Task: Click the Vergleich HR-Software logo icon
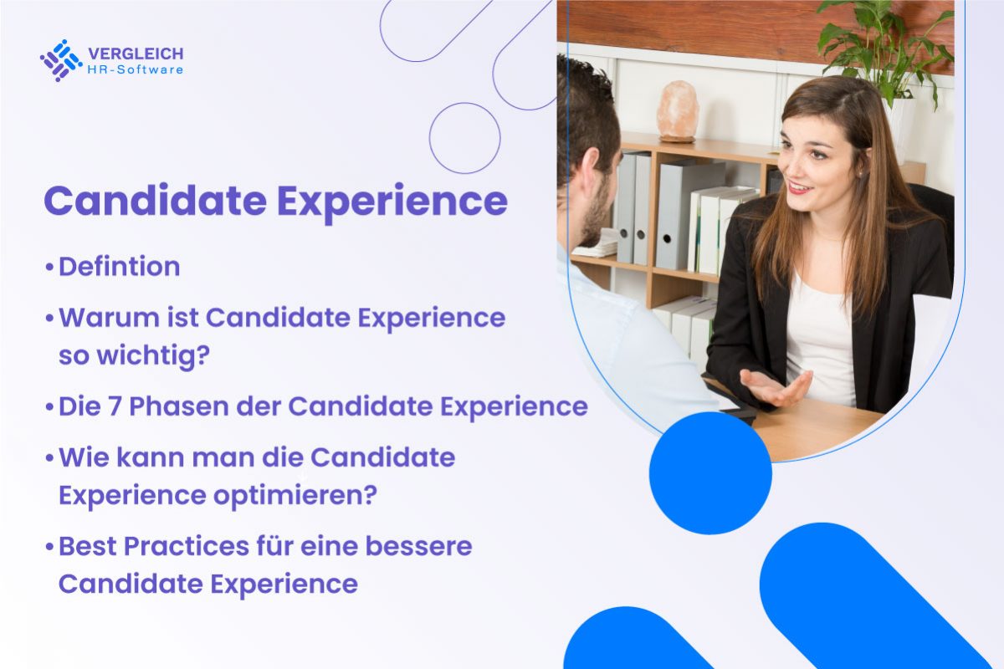point(61,60)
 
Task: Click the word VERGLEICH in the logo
point(136,54)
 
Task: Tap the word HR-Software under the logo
point(136,70)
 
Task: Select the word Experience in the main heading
point(392,202)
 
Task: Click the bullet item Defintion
point(119,267)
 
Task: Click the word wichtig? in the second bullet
point(153,355)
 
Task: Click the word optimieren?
point(295,496)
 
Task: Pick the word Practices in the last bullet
point(187,546)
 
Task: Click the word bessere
point(418,546)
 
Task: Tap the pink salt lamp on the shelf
point(678,111)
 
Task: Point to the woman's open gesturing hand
point(776,387)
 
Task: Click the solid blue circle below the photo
point(710,473)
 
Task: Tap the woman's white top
point(820,340)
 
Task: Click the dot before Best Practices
point(49,547)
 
